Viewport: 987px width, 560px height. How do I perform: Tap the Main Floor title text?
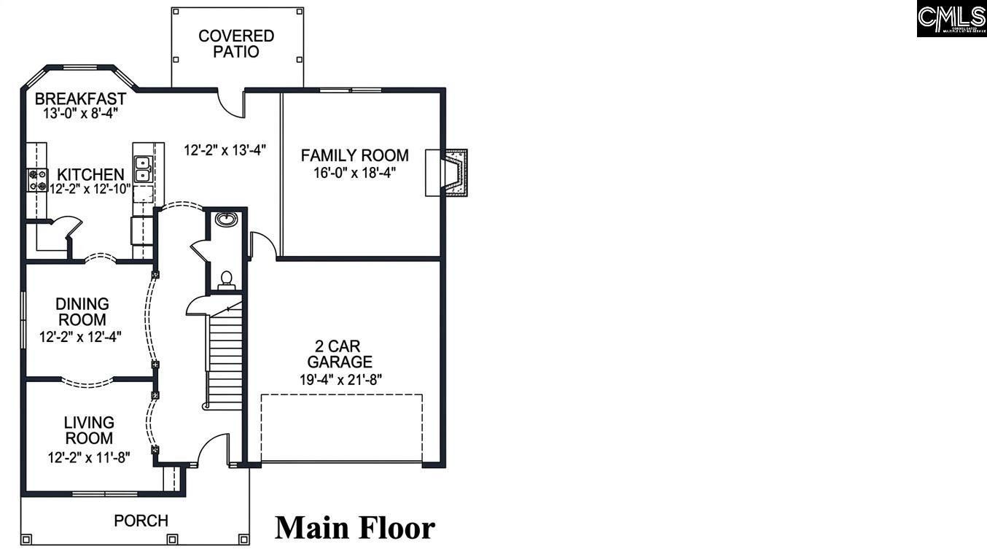pos(355,527)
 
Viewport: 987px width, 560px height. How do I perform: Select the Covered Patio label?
pos(236,44)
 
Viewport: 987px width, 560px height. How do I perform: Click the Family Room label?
pos(354,155)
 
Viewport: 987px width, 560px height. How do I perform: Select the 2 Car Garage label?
pos(340,354)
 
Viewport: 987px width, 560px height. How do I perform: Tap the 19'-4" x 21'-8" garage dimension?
pos(340,378)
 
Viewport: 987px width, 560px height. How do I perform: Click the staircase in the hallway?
pos(225,357)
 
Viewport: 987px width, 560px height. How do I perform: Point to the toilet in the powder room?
pos(227,279)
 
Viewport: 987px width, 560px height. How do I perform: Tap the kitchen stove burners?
pos(37,180)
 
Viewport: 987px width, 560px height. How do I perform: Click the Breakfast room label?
pos(80,98)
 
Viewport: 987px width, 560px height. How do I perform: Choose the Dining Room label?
pos(82,311)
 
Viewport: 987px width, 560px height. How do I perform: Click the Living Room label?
pos(89,430)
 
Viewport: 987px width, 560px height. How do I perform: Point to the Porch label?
pos(141,521)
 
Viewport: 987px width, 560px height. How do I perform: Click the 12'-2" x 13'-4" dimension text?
pos(225,150)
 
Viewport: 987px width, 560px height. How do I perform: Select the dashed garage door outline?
pos(341,428)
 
